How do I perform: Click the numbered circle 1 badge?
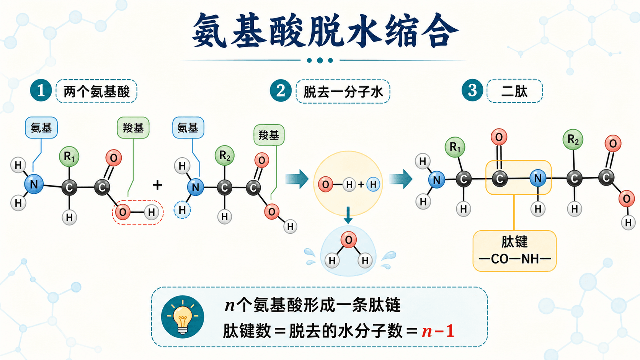pyautogui.click(x=41, y=91)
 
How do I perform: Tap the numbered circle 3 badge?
pyautogui.click(x=472, y=90)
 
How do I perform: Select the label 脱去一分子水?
pyautogui.click(x=343, y=92)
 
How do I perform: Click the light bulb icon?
pyautogui.click(x=183, y=317)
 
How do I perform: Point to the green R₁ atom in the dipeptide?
pyautogui.click(x=455, y=147)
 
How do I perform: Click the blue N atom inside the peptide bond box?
pyautogui.click(x=538, y=178)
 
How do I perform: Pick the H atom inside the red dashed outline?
pyautogui.click(x=151, y=212)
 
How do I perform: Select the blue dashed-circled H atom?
pyautogui.click(x=182, y=210)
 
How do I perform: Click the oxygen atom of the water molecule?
pyautogui.click(x=348, y=239)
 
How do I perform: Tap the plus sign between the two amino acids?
pyautogui.click(x=157, y=185)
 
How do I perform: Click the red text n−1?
pyautogui.click(x=438, y=331)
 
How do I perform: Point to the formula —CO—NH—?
pyautogui.click(x=514, y=259)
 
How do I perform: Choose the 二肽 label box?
pyautogui.click(x=514, y=91)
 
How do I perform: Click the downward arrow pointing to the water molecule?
pyautogui.click(x=348, y=215)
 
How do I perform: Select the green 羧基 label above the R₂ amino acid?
pyautogui.click(x=269, y=135)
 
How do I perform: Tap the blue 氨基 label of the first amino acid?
pyautogui.click(x=41, y=128)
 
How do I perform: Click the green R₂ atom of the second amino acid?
pyautogui.click(x=225, y=156)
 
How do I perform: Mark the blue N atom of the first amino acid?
pyautogui.click(x=34, y=184)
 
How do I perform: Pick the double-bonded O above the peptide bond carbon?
pyautogui.click(x=499, y=137)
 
